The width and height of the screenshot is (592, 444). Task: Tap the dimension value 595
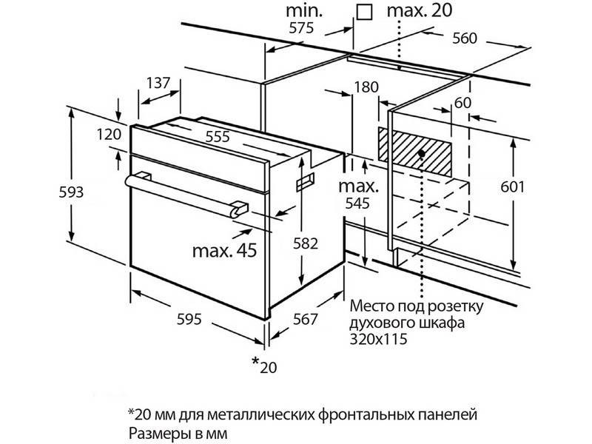189,320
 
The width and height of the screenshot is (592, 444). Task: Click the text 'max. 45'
224,251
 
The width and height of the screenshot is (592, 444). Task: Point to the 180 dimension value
366,87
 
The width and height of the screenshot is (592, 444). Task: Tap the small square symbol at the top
363,12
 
